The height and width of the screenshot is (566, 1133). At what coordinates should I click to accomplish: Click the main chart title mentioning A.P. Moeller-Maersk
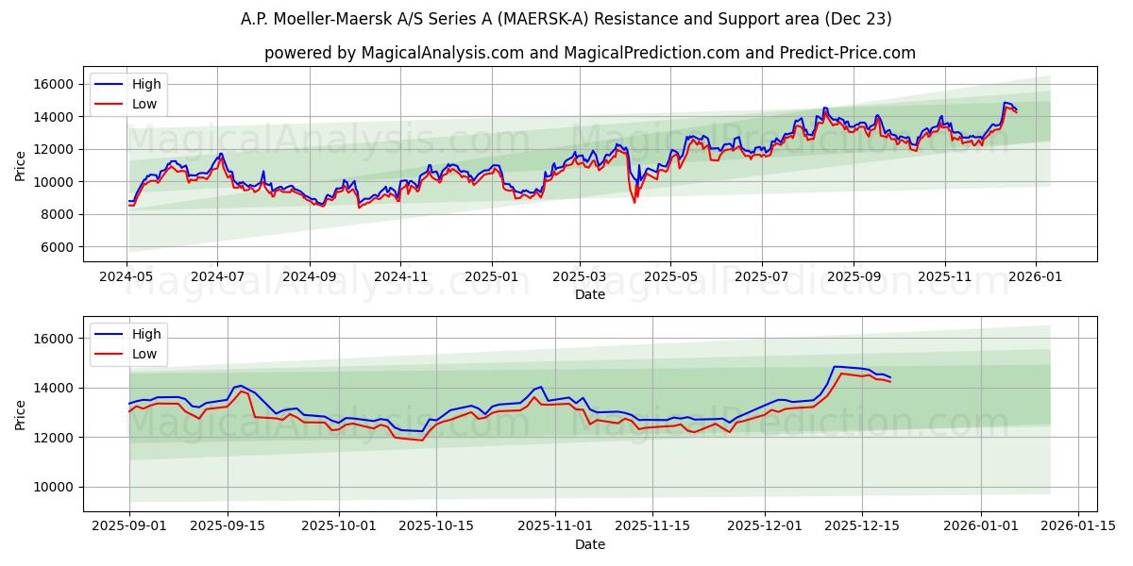[x=566, y=19]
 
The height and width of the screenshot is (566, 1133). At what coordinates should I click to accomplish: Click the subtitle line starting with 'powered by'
[x=590, y=53]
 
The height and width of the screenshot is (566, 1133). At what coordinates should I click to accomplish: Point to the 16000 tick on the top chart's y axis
[x=54, y=84]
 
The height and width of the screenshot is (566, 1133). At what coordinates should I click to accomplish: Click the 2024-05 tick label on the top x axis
[x=127, y=277]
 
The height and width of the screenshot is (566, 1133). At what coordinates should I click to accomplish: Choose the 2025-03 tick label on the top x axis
[x=579, y=277]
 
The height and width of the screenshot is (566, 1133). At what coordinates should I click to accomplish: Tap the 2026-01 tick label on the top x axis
[x=1035, y=277]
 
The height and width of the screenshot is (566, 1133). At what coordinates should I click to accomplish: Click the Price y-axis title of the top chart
[x=21, y=165]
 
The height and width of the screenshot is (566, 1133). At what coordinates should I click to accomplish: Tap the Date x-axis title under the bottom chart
[x=590, y=544]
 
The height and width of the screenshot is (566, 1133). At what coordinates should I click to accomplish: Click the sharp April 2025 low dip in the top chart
[x=634, y=201]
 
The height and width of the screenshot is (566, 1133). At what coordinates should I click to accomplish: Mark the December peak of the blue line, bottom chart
[x=835, y=366]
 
